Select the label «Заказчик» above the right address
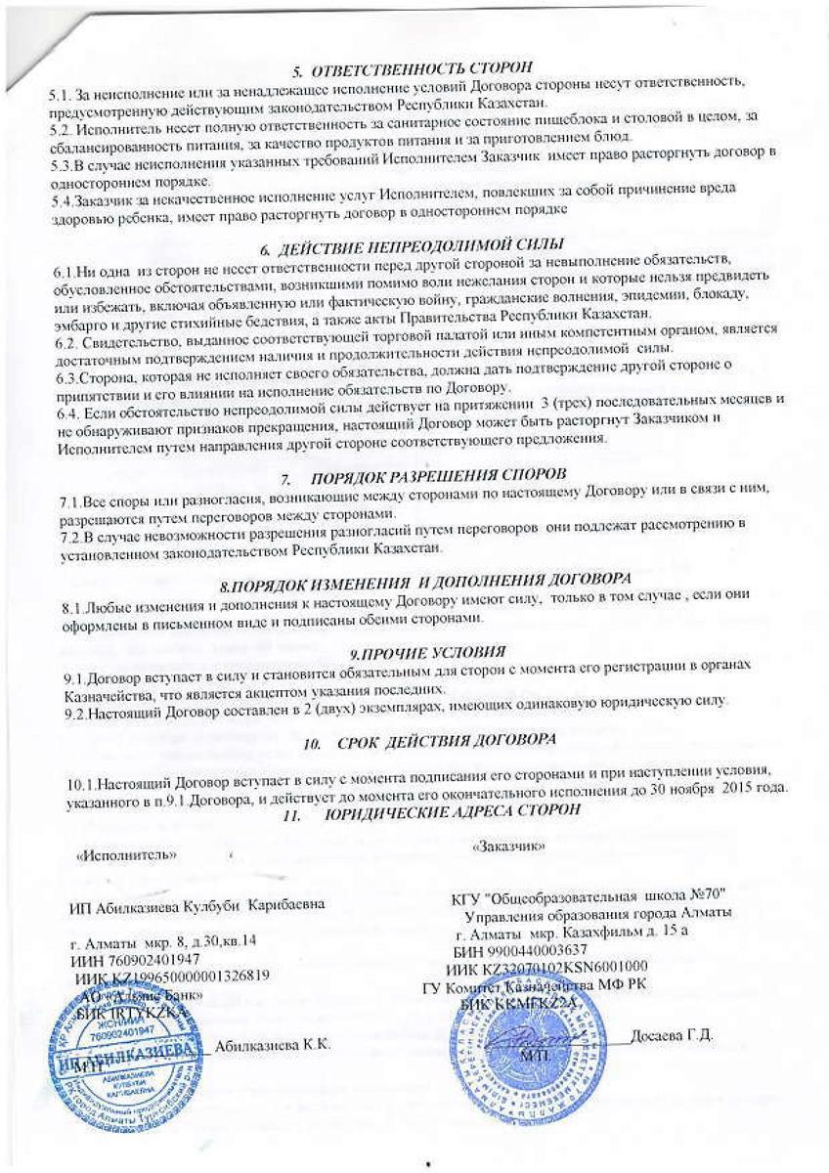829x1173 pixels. click(x=507, y=845)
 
